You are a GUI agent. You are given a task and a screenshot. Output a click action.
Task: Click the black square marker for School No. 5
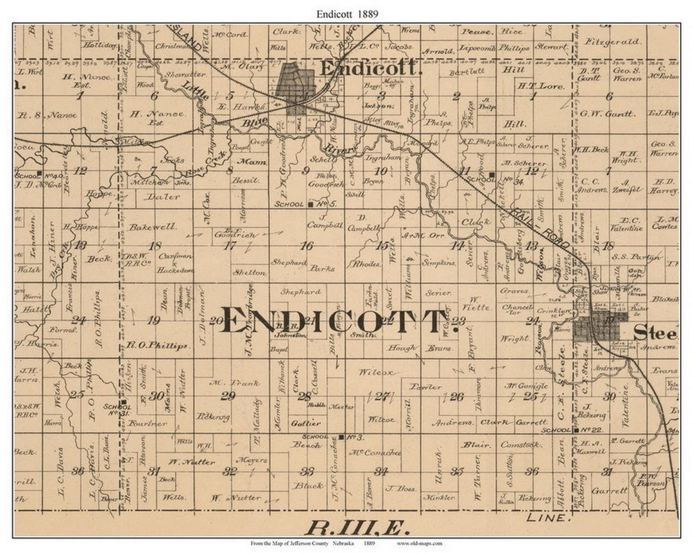pyautogui.click(x=311, y=205)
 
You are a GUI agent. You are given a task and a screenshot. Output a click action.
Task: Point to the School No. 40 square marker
pyautogui.click(x=40, y=174)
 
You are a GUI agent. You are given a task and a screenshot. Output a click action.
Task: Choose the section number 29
pyautogui.click(x=228, y=396)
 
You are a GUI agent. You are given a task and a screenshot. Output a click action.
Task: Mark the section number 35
pyautogui.click(x=457, y=471)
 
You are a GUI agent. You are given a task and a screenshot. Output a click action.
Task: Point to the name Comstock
pyautogui.click(x=521, y=444)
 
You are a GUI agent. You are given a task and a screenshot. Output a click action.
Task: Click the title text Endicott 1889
pyautogui.click(x=346, y=12)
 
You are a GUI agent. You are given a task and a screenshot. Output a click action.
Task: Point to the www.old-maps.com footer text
pyautogui.click(x=420, y=544)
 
